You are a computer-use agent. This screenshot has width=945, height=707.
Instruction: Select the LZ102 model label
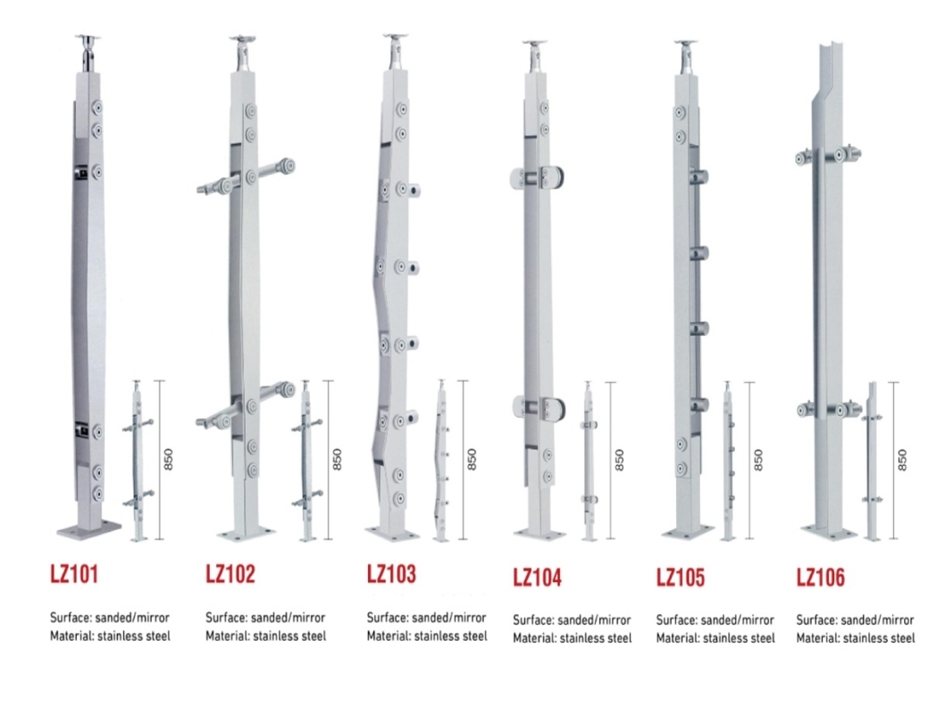[230, 573]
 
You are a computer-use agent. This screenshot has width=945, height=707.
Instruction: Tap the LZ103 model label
[391, 573]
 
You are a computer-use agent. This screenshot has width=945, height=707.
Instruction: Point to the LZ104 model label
[537, 577]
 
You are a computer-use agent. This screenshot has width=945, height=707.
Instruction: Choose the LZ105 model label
[680, 577]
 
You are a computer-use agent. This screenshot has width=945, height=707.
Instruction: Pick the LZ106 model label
[820, 577]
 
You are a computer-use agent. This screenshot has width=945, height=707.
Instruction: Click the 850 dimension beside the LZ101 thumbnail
[169, 459]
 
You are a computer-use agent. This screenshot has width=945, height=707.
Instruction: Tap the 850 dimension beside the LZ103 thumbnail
[472, 459]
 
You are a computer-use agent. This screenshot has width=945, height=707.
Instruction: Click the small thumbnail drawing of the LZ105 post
[728, 461]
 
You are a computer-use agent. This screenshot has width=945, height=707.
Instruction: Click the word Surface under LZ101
[69, 618]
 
